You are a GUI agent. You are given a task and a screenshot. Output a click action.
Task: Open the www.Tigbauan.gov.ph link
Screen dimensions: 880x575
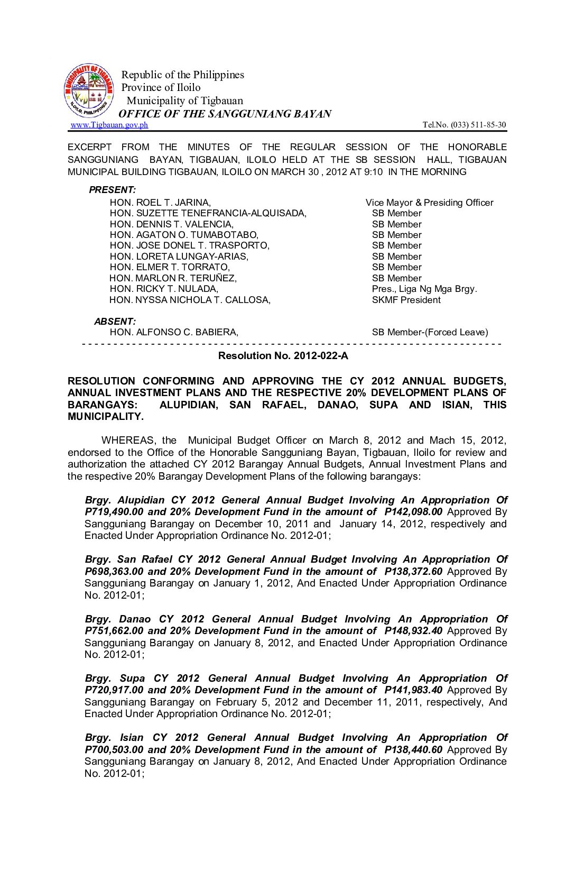click(109, 125)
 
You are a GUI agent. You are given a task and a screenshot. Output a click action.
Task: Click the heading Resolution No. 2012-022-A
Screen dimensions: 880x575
click(283, 356)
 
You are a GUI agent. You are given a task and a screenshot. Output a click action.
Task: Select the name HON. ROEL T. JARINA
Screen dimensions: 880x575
click(160, 203)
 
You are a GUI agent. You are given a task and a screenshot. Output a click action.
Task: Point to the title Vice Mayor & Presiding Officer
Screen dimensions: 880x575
click(429, 203)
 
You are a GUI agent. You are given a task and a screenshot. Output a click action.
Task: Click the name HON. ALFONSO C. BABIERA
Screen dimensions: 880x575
click(174, 332)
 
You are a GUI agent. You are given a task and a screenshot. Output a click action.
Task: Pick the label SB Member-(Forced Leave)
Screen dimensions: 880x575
click(430, 332)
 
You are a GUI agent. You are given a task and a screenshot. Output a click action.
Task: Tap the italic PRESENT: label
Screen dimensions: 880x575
click(112, 190)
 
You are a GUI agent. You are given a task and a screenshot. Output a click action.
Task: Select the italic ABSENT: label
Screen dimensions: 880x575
click(115, 322)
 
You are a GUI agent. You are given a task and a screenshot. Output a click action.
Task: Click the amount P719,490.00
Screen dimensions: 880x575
click(114, 512)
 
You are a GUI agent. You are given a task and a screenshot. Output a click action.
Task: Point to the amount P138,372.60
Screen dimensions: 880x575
click(413, 572)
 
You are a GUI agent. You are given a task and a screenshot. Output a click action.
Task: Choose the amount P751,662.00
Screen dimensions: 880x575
click(114, 631)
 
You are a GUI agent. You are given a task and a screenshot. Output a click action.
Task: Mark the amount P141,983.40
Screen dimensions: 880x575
click(413, 690)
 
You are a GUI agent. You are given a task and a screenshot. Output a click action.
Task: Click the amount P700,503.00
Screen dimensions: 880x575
click(114, 750)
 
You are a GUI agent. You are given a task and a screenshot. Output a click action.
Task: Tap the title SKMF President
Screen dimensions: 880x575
click(406, 300)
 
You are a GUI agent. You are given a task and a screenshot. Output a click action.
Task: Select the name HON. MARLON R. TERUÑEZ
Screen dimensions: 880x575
click(173, 278)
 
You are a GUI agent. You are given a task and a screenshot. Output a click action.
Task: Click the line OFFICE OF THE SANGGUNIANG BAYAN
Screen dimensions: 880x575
click(225, 114)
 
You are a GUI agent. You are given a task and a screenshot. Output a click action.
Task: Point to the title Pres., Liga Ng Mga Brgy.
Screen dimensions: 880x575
click(424, 289)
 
